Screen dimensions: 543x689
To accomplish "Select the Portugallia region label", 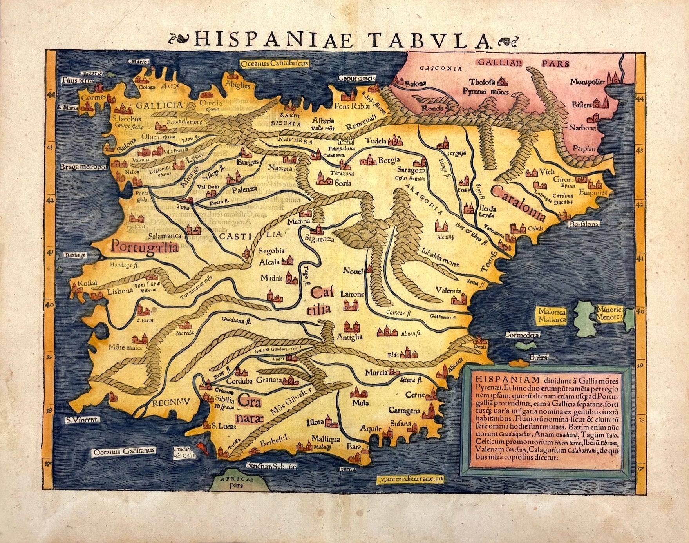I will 145,247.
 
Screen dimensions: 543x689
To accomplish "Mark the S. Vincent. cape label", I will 83,419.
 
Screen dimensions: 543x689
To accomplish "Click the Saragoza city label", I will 411,171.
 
